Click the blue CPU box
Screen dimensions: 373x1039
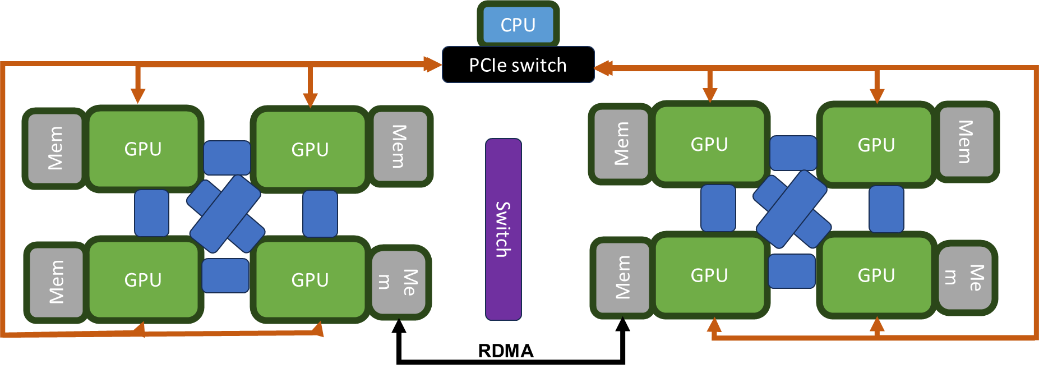pyautogui.click(x=518, y=25)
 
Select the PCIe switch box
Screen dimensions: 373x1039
pyautogui.click(x=518, y=65)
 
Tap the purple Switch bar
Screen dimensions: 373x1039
pyautogui.click(x=503, y=229)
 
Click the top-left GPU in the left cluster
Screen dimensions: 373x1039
pyautogui.click(x=144, y=149)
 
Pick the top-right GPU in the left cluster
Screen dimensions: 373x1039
pyautogui.click(x=310, y=149)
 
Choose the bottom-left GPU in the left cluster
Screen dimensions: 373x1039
pyautogui.click(x=144, y=279)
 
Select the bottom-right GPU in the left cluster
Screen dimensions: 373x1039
pyautogui.click(x=310, y=279)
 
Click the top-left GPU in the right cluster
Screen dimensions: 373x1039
pyautogui.click(x=709, y=144)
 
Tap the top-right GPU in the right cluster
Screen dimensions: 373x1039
pyautogui.click(x=876, y=145)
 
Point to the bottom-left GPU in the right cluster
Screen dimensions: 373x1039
pyautogui.click(x=709, y=275)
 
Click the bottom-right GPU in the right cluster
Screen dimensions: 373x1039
pyautogui.click(x=876, y=275)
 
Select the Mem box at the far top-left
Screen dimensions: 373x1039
pyautogui.click(x=55, y=148)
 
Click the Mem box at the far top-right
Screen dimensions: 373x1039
pyautogui.click(x=966, y=142)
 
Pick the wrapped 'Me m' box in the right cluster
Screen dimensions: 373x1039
pyautogui.click(x=964, y=277)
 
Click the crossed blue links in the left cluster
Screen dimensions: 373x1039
pyautogui.click(x=225, y=214)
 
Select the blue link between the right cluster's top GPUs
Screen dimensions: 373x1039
pyautogui.click(x=793, y=153)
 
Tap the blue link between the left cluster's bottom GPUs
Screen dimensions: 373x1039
pyautogui.click(x=225, y=275)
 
